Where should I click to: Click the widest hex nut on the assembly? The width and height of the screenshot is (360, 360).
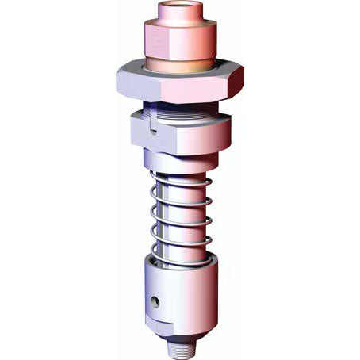[x=180, y=82]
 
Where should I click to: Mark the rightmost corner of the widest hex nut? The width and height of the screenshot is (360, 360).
[x=243, y=77]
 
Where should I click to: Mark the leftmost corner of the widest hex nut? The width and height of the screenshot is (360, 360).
[x=117, y=78]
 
